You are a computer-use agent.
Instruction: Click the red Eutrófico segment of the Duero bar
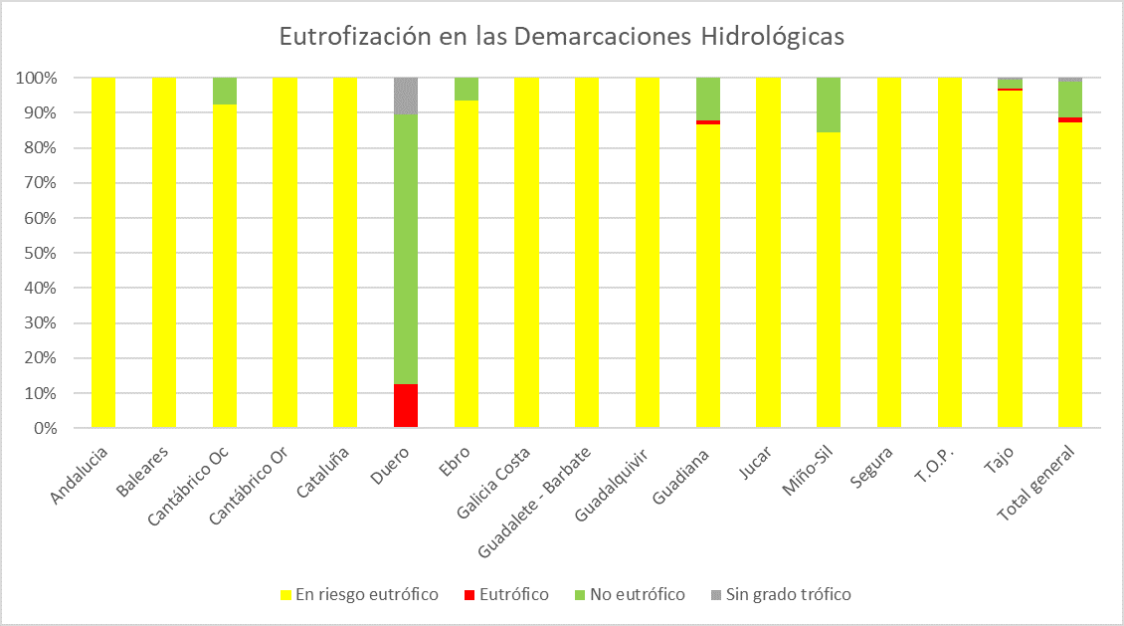click(x=406, y=405)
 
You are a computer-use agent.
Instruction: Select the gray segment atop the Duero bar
click(x=406, y=96)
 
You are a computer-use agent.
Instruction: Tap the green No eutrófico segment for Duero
click(x=406, y=249)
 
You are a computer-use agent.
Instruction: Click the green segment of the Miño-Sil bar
click(x=829, y=104)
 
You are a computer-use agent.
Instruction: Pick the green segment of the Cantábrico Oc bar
click(x=225, y=91)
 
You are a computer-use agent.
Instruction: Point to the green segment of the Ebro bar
click(x=467, y=89)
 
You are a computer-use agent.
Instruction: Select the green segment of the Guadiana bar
click(x=708, y=99)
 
